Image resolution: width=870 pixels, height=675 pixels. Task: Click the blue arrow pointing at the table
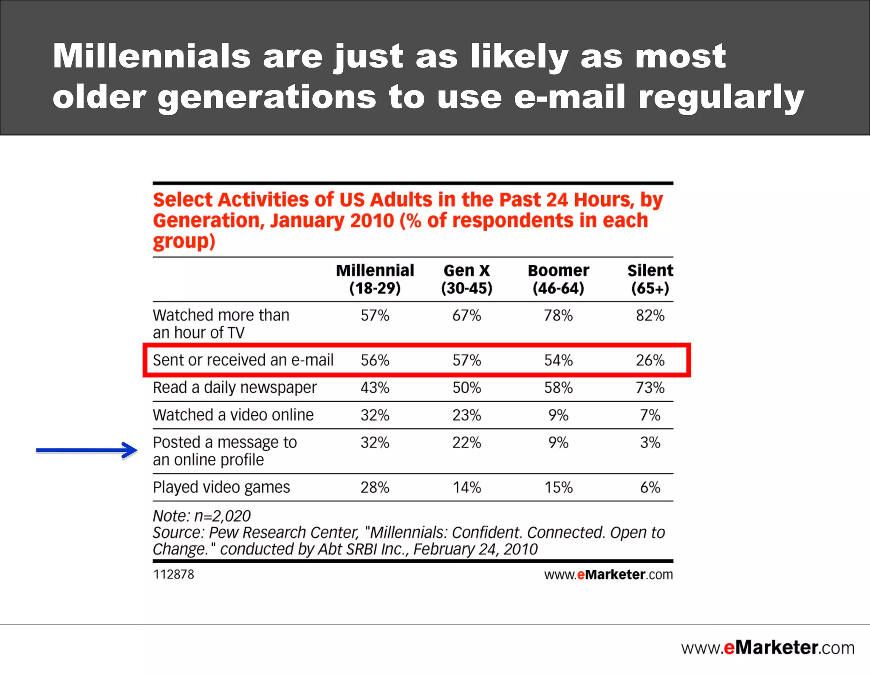point(87,450)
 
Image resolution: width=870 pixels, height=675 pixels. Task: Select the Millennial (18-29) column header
point(375,279)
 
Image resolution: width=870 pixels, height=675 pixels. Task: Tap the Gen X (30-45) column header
point(466,279)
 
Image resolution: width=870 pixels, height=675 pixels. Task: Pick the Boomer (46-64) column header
point(558,279)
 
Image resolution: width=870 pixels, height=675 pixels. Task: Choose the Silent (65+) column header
point(650,279)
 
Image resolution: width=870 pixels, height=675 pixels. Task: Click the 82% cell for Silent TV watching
point(650,315)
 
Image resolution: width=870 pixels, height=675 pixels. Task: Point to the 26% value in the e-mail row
point(650,360)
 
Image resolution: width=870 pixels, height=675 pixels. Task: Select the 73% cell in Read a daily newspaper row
point(650,388)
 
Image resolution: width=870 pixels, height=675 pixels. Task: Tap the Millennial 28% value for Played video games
point(375,487)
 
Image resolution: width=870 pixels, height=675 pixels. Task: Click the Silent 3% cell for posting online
point(650,442)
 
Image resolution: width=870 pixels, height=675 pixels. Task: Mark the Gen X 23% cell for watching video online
point(466,415)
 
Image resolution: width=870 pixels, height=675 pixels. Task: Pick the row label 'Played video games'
point(221,487)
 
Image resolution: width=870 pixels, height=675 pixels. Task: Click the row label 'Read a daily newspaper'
point(234,388)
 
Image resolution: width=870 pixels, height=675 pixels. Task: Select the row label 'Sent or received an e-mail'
point(243,360)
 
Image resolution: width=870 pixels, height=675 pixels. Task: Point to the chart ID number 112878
point(173,574)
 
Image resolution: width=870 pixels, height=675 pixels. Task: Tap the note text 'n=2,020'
point(222,516)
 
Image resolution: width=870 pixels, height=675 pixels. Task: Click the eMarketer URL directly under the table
point(608,575)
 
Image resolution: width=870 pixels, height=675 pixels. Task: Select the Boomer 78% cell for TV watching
point(558,315)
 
